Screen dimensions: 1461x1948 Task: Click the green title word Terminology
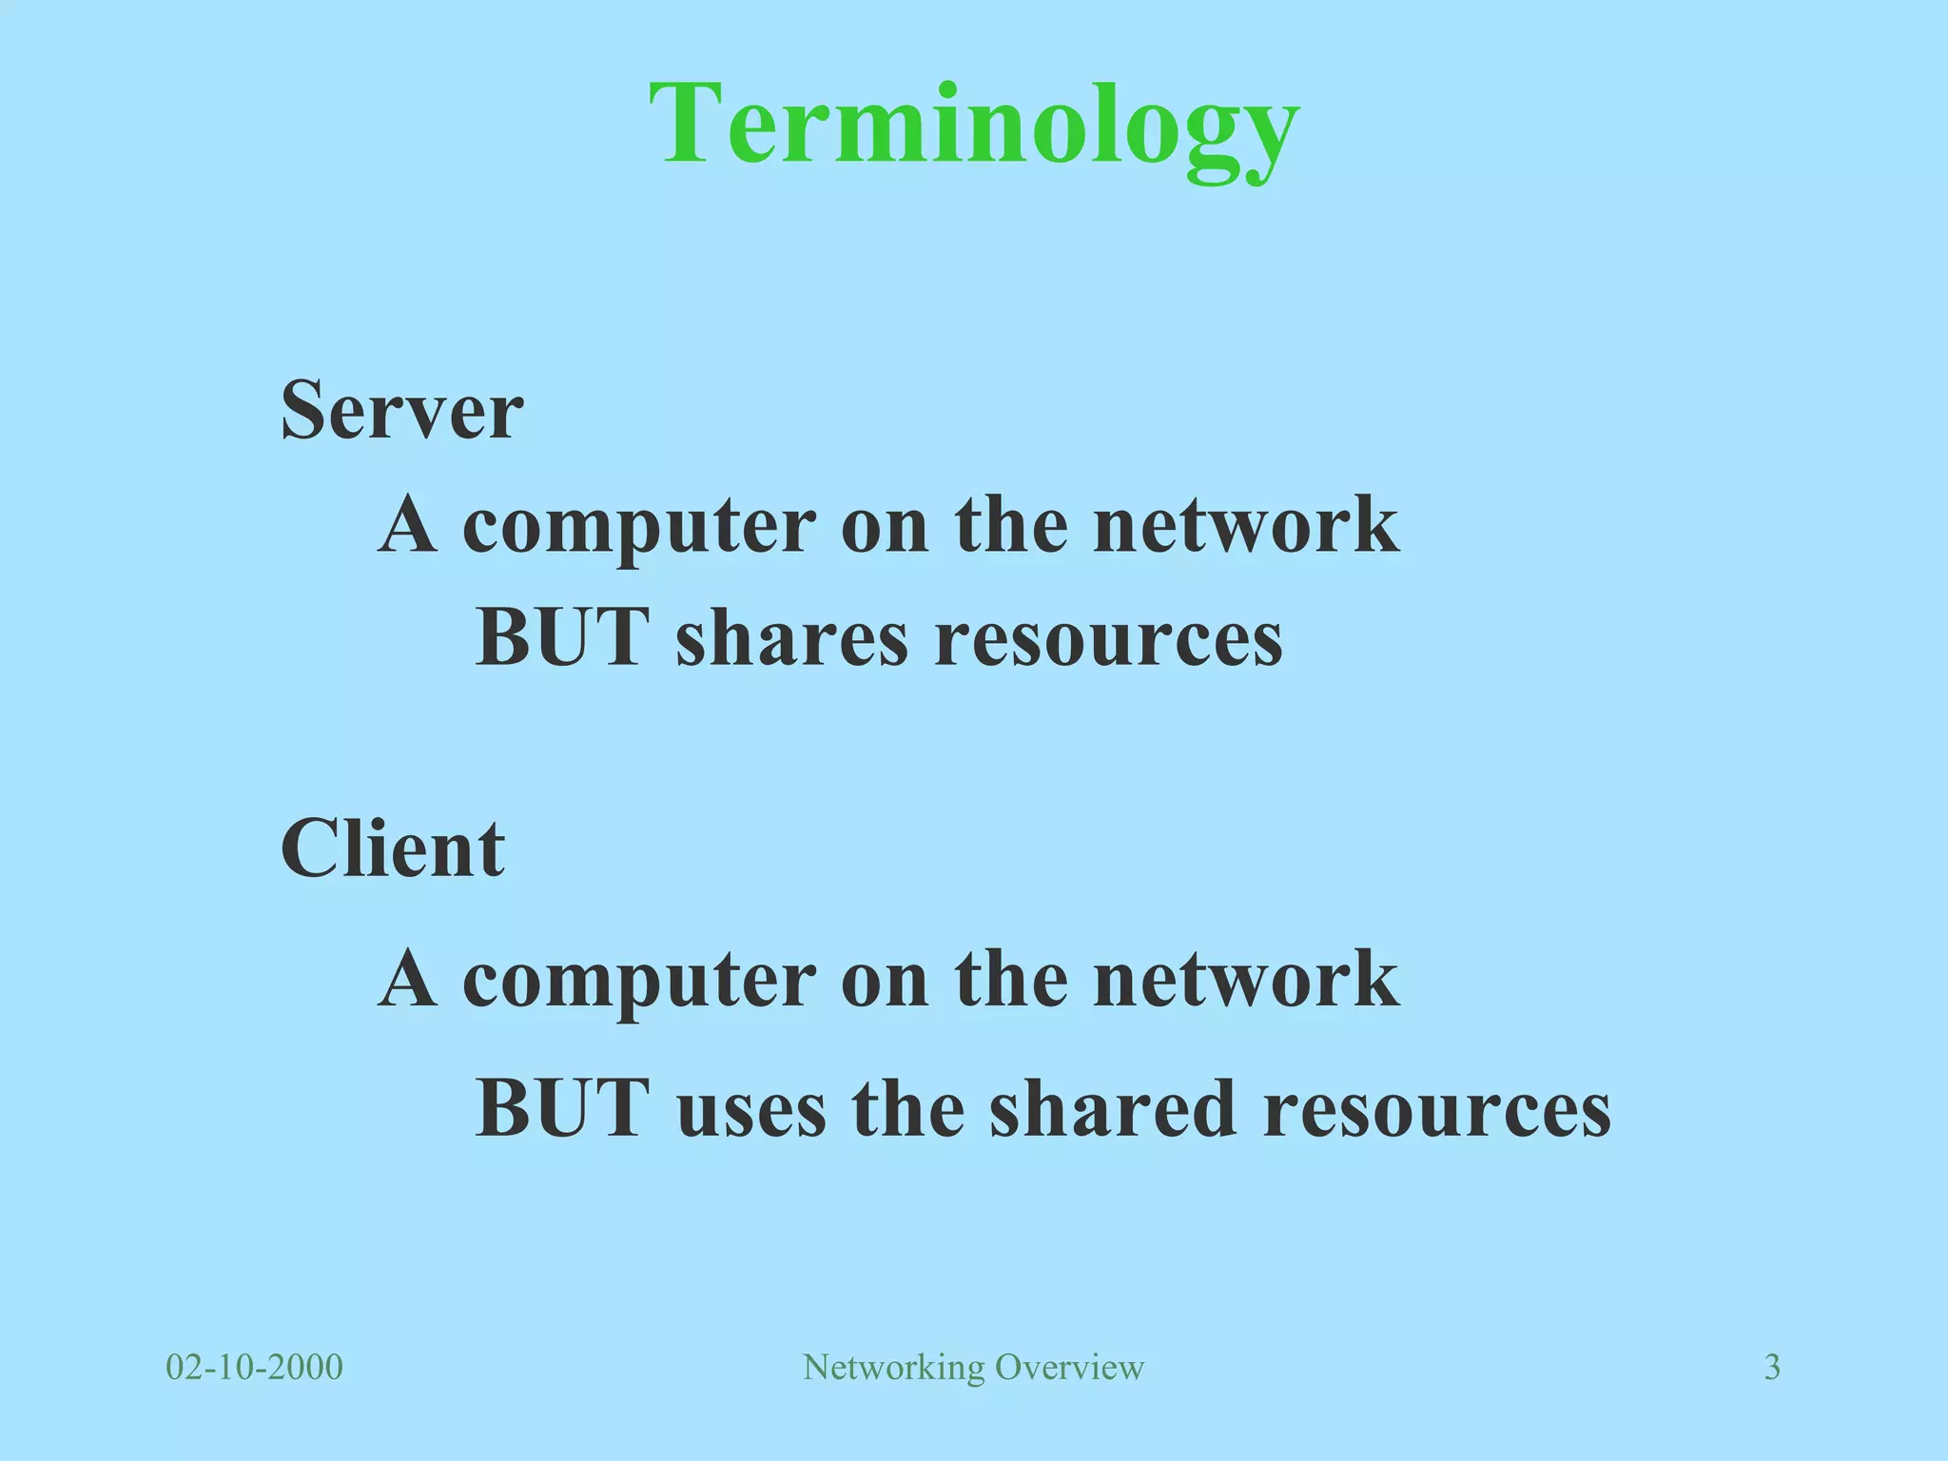point(974,126)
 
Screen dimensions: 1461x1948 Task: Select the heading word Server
point(401,411)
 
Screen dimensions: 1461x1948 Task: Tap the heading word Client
point(392,848)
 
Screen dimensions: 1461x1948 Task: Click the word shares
point(792,638)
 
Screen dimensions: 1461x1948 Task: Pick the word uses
point(751,1109)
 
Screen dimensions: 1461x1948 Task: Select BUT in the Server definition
point(562,637)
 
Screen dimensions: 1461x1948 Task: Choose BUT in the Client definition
point(562,1108)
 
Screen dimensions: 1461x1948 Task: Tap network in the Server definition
point(1246,525)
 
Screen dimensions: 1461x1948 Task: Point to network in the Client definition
point(1246,980)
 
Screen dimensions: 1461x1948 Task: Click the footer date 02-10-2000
point(254,1368)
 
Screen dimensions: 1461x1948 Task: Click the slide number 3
point(1772,1368)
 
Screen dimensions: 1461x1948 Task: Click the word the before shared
point(907,1109)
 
